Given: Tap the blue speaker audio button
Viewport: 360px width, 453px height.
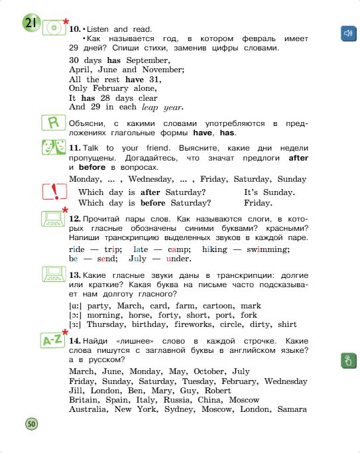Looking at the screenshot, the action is (x=347, y=33).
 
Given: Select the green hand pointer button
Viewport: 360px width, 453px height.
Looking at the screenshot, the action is (x=347, y=361).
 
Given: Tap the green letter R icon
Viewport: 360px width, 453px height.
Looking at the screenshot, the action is (x=52, y=123).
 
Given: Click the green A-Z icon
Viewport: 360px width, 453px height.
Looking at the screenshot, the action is (x=52, y=340).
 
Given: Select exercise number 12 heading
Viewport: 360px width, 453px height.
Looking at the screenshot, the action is (x=74, y=218).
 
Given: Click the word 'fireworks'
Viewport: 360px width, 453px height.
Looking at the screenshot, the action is (x=199, y=324).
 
